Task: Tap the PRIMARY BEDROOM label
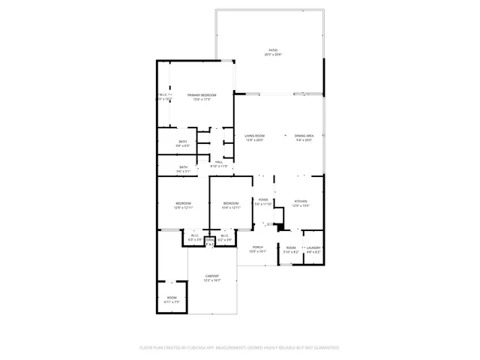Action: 202,95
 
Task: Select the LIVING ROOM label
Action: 255,136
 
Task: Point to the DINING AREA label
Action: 304,136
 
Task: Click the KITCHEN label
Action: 300,201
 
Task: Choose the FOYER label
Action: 262,199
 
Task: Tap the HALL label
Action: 219,162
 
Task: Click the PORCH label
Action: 257,247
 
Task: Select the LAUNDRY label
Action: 313,247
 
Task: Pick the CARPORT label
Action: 212,276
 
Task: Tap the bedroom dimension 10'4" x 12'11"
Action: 230,207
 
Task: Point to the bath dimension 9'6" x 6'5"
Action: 183,145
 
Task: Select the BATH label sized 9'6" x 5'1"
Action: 183,167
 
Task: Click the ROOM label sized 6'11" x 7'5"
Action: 172,297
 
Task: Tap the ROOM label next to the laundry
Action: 290,247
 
